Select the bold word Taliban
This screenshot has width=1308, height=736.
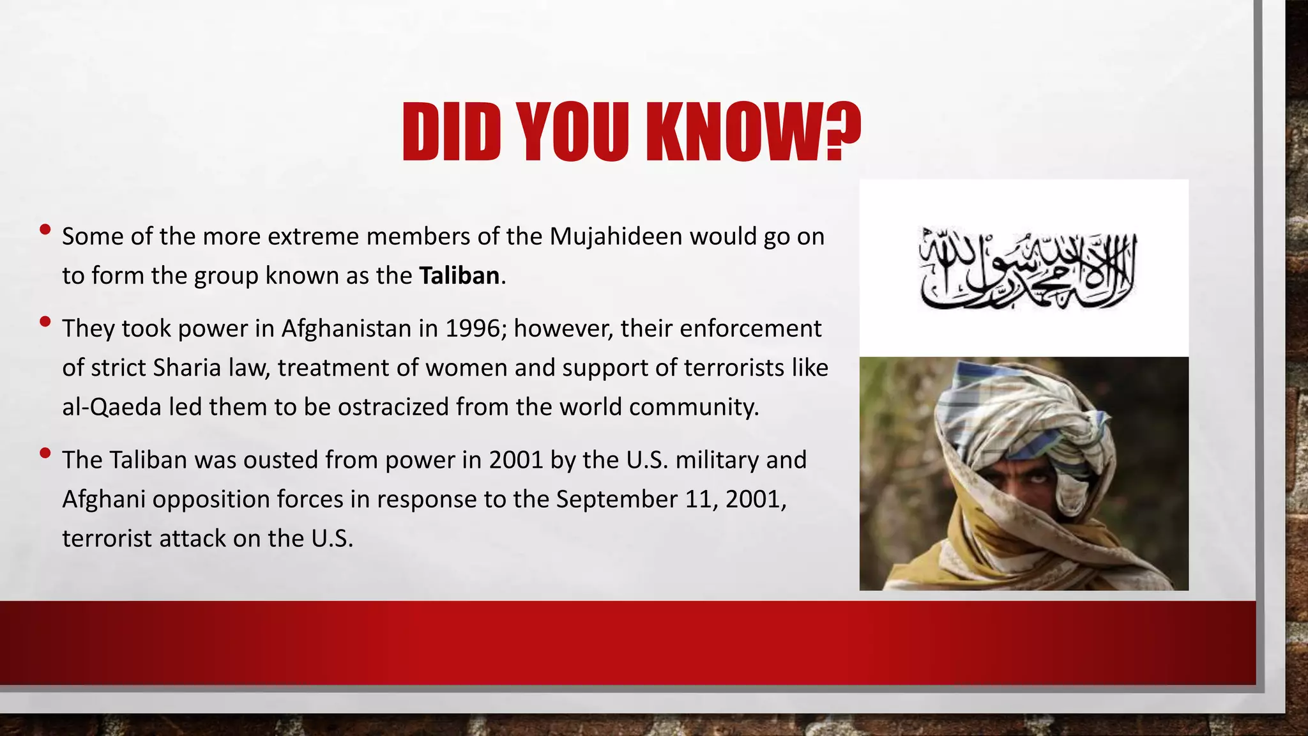pos(459,276)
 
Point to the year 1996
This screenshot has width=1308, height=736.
pos(472,329)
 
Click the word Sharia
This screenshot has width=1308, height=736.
pos(187,368)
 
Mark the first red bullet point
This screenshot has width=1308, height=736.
pos(45,229)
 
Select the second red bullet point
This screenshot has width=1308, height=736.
pos(45,321)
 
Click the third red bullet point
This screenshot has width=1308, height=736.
pos(45,453)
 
